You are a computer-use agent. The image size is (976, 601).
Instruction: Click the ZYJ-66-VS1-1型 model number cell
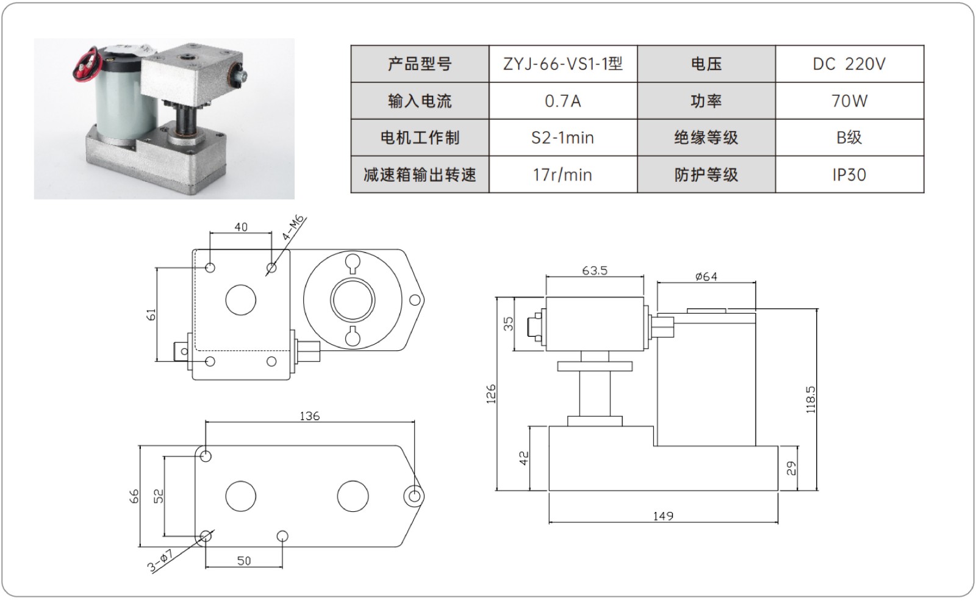tap(562, 63)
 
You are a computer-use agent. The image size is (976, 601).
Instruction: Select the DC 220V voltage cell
tap(849, 63)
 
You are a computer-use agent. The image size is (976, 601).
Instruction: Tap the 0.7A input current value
tap(562, 101)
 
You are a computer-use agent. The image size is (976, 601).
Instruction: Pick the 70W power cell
tap(849, 101)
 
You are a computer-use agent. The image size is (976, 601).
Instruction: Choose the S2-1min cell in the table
tap(562, 138)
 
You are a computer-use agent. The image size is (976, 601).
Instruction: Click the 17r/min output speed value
tap(562, 175)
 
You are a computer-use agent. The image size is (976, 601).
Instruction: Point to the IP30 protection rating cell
tap(849, 175)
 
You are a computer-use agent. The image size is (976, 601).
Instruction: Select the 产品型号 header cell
tap(420, 63)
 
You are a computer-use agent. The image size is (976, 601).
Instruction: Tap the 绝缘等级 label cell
tap(706, 138)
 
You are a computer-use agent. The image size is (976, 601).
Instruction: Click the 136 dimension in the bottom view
tap(309, 416)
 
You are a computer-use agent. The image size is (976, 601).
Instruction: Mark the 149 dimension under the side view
tap(663, 516)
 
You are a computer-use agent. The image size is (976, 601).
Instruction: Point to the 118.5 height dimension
tap(810, 400)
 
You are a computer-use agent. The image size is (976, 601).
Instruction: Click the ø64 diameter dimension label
tap(706, 276)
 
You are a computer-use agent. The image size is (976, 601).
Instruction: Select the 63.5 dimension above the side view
tap(594, 270)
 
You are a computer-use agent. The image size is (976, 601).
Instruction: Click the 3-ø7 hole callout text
tap(161, 561)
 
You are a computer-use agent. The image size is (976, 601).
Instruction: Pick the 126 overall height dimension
tap(491, 394)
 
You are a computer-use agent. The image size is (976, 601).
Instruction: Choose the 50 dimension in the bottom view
tap(243, 561)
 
